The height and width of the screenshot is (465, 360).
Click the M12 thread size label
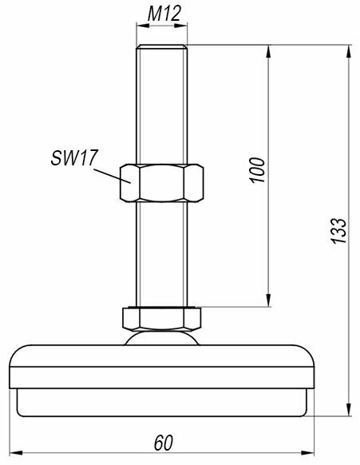coord(164,14)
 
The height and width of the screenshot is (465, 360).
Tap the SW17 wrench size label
coord(74,157)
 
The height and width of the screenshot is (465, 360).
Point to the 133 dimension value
coord(338,231)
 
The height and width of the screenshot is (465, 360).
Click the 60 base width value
coord(164,443)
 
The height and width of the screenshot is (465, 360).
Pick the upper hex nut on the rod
coord(162,183)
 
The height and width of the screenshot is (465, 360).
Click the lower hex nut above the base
coord(162,319)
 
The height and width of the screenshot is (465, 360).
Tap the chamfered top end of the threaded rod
coord(162,46)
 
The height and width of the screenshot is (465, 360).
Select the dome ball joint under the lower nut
coord(162,338)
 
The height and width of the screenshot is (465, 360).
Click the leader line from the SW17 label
coord(113,176)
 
